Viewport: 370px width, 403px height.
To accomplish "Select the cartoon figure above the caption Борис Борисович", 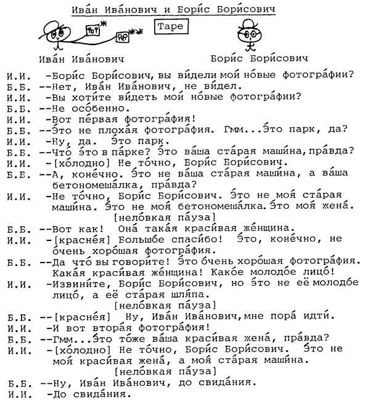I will click(250, 34).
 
